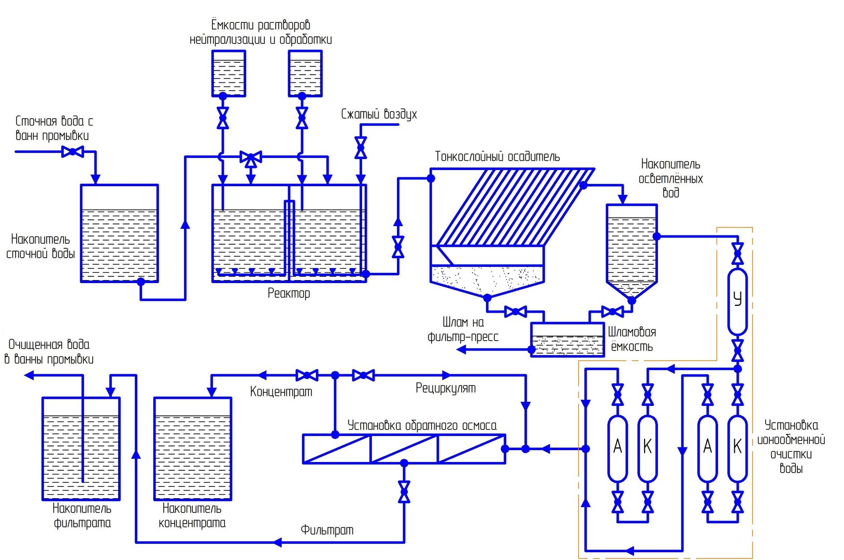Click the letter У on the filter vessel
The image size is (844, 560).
point(737,299)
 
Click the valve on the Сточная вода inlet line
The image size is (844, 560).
point(73,151)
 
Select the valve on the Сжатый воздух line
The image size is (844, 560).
point(361,147)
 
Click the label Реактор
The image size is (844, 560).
point(289,293)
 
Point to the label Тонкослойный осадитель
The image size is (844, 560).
point(497,156)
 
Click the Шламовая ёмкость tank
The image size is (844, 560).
point(567,340)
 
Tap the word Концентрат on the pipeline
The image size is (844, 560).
point(281,391)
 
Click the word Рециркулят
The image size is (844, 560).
point(446,388)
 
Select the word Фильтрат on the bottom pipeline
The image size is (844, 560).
point(327,530)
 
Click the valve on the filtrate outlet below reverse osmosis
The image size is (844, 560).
point(404,492)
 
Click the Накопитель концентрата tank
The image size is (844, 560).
point(193,449)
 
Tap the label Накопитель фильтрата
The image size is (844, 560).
point(82,515)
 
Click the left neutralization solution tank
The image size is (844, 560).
point(228,73)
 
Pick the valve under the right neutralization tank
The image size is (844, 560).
point(302,118)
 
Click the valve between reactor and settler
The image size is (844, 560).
point(398,247)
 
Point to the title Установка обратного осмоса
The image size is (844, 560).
point(422,425)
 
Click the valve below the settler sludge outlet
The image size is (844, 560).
point(516,312)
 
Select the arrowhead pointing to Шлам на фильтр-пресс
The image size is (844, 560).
point(461,349)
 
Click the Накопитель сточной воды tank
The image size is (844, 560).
point(119,233)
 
